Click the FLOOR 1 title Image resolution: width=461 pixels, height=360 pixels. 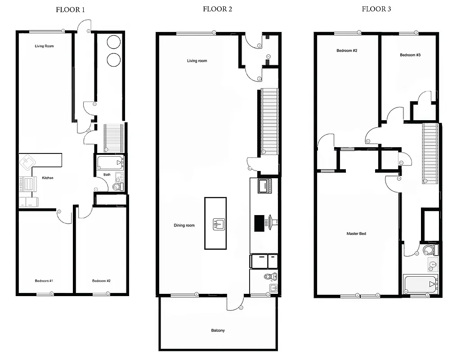pos(70,9)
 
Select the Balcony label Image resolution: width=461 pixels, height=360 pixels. pos(218,331)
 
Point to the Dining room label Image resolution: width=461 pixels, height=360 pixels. pos(184,225)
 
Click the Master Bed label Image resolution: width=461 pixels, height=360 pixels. pos(356,234)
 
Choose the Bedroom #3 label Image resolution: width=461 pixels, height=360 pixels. pos(410,55)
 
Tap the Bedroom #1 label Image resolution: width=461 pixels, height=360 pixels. pos(44,281)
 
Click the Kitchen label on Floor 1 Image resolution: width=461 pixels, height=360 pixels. pos(48,178)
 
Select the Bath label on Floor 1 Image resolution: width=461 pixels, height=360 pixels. pos(107,175)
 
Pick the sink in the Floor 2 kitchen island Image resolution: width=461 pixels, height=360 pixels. pos(219,224)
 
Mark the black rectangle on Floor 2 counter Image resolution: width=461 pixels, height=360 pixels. pos(260,223)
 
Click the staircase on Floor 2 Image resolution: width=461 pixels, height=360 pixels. pos(270,121)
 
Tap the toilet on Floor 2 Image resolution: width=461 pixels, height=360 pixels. pos(270,276)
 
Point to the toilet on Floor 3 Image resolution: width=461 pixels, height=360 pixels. pos(429,250)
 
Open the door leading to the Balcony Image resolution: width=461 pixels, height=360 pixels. pos(234,303)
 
